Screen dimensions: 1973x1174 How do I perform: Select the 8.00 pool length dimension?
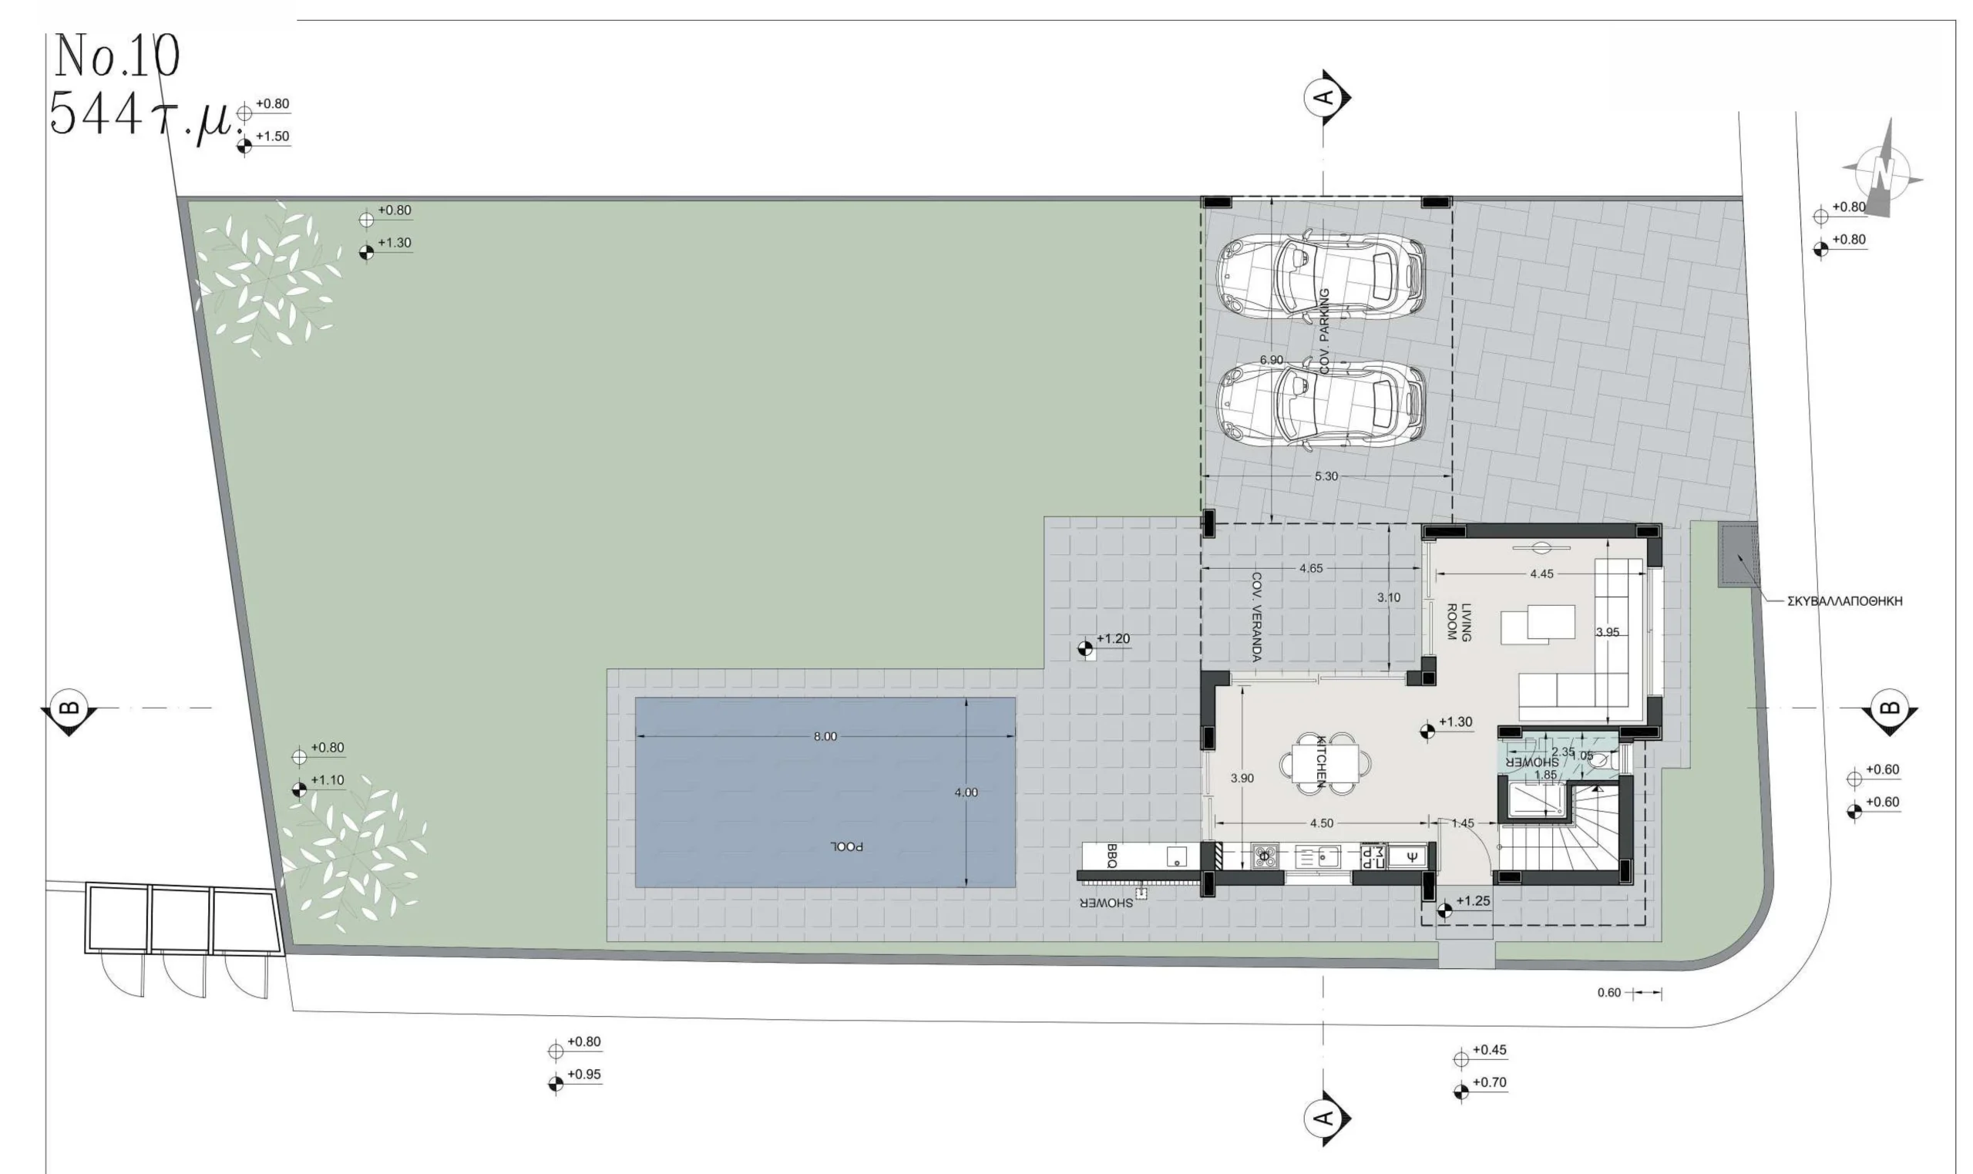(x=825, y=736)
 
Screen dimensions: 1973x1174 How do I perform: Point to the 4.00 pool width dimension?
(x=966, y=792)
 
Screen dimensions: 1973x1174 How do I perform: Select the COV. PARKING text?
(x=1326, y=331)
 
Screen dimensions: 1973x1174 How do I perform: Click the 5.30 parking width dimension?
(x=1326, y=476)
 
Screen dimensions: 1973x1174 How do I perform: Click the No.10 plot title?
(x=116, y=57)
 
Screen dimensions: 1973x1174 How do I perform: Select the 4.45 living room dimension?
(x=1541, y=574)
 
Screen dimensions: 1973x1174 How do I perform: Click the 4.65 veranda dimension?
(x=1310, y=568)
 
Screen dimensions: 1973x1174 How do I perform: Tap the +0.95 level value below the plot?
(x=583, y=1075)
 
